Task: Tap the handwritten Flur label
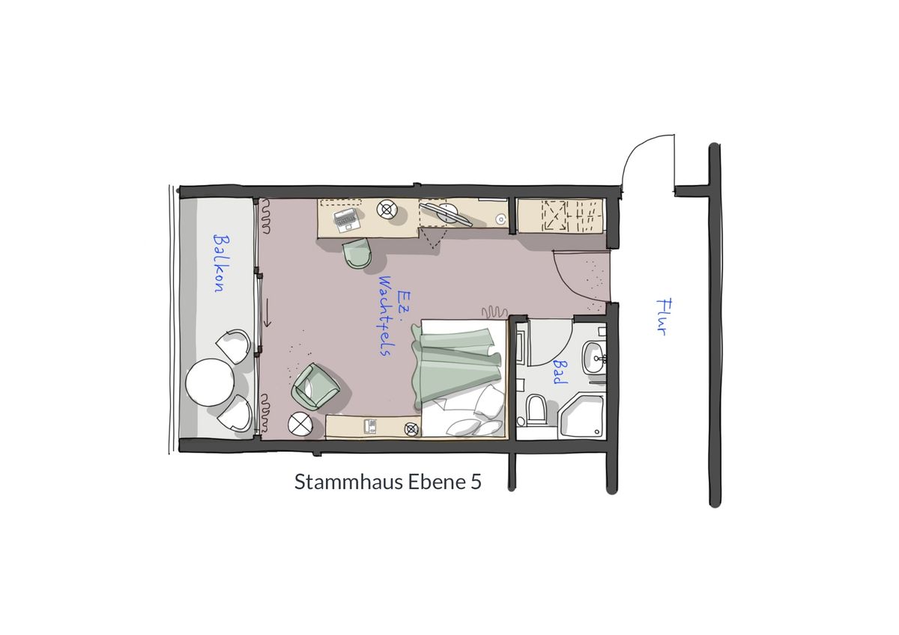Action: click(x=665, y=317)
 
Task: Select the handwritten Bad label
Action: click(x=560, y=371)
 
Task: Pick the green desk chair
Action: click(x=357, y=252)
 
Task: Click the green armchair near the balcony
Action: click(x=315, y=386)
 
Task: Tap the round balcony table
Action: click(x=210, y=383)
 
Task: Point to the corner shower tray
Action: click(x=581, y=416)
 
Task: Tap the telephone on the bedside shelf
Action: click(x=370, y=425)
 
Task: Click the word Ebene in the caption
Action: click(x=436, y=481)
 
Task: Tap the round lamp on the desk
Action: click(x=387, y=210)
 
